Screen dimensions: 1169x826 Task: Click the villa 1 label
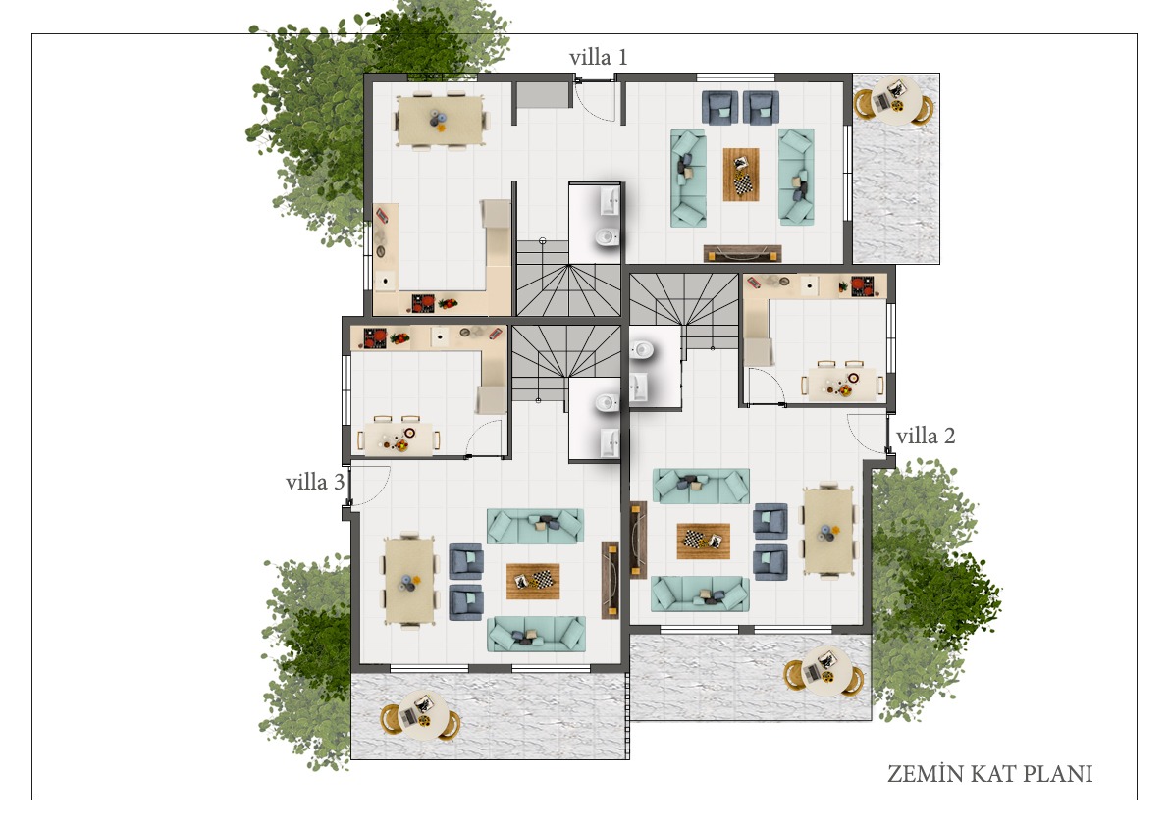(598, 57)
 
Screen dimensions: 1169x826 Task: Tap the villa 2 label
(926, 436)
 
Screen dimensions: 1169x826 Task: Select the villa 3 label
(315, 482)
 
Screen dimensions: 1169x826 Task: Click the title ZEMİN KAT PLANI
(989, 774)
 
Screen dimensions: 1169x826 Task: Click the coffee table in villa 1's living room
(741, 175)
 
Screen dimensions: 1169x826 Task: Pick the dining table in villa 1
(440, 120)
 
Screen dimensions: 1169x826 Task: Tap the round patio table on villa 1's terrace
(893, 100)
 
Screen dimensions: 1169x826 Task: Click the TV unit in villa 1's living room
(743, 253)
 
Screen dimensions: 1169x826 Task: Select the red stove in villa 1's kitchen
(423, 302)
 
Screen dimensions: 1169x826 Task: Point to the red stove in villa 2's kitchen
(863, 286)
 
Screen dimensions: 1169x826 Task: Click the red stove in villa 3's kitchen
(375, 338)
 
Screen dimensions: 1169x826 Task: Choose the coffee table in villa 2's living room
(703, 541)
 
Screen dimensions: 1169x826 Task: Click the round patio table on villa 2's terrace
(824, 671)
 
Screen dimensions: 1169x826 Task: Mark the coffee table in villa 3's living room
(532, 580)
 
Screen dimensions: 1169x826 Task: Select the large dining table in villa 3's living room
(409, 581)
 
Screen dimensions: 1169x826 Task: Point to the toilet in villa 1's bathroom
(607, 236)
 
